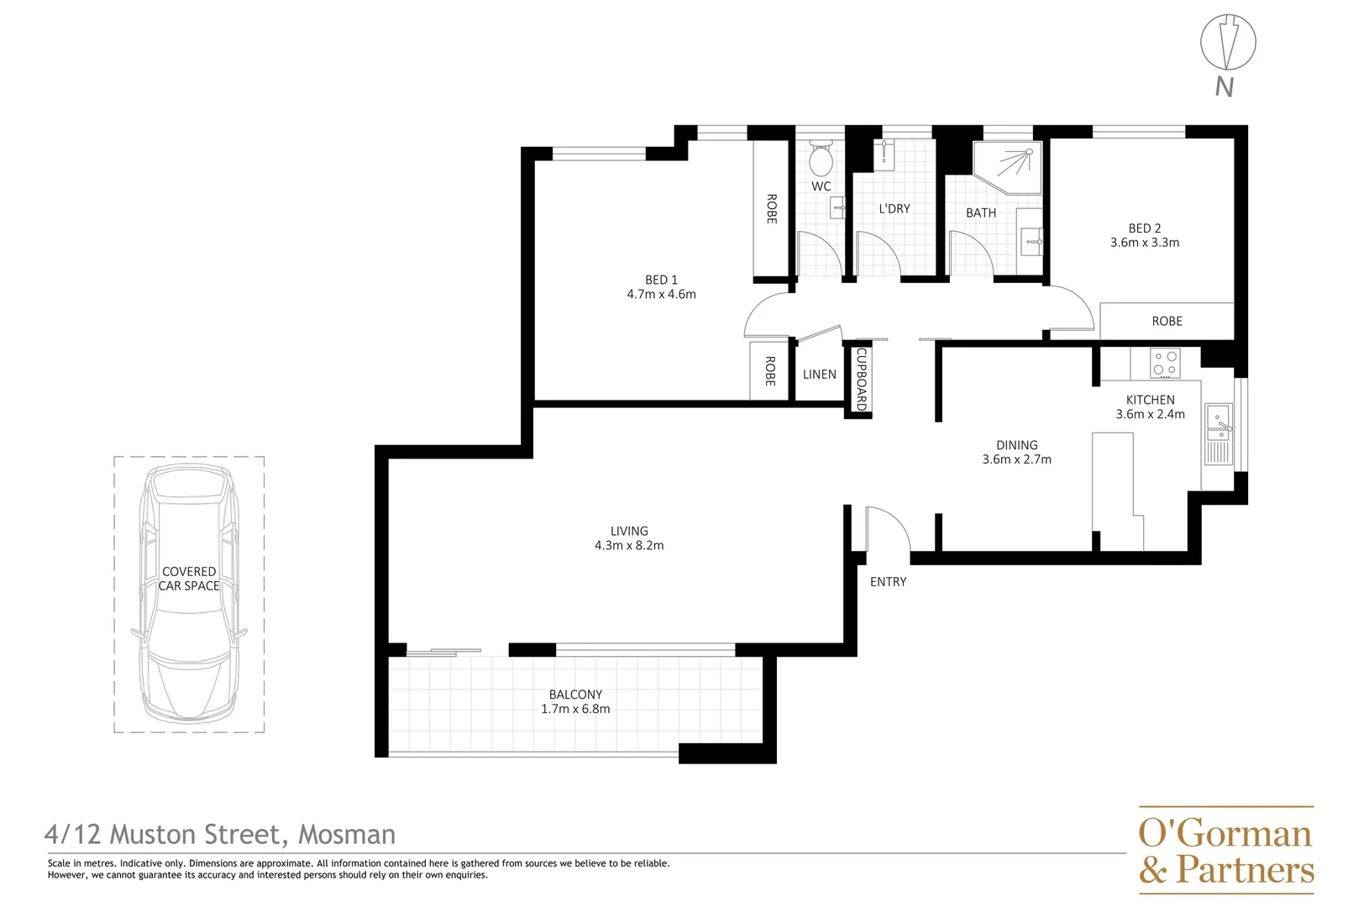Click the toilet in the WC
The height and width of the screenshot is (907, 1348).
pyautogui.click(x=821, y=158)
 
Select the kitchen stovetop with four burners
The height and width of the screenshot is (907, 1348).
pyautogui.click(x=1165, y=363)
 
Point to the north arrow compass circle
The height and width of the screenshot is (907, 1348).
pyautogui.click(x=1228, y=42)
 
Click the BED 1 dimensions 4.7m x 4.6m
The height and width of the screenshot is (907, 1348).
pyautogui.click(x=661, y=294)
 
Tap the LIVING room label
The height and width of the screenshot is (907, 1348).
pyautogui.click(x=629, y=531)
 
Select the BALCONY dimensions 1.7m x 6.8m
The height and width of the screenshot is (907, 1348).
pyautogui.click(x=575, y=709)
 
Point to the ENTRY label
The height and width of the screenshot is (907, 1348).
pyautogui.click(x=888, y=581)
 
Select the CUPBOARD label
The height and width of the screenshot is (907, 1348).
pyautogui.click(x=861, y=379)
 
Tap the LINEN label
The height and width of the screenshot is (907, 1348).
pyautogui.click(x=819, y=375)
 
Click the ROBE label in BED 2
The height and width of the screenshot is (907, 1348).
pyautogui.click(x=1167, y=321)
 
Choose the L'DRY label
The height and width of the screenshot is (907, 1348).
pyautogui.click(x=894, y=208)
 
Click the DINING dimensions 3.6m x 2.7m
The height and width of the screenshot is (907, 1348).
pyautogui.click(x=1016, y=459)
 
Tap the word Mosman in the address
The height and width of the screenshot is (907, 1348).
pyautogui.click(x=347, y=834)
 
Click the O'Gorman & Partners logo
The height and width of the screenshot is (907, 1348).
pyautogui.click(x=1225, y=850)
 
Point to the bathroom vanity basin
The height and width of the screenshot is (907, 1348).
pyautogui.click(x=1031, y=241)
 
